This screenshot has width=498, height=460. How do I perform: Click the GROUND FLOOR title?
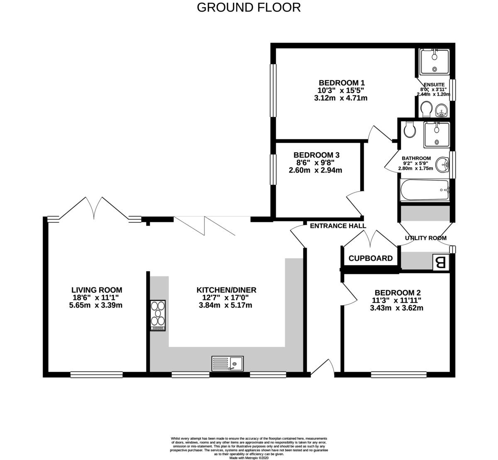pyautogui.click(x=249, y=7)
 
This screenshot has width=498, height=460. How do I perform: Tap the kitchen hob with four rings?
pyautogui.click(x=158, y=315)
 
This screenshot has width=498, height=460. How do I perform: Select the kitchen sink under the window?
pyautogui.click(x=227, y=364)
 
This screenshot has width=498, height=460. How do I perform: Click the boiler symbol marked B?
pyautogui.click(x=441, y=263)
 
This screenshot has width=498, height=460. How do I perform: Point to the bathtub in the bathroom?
pyautogui.click(x=424, y=190)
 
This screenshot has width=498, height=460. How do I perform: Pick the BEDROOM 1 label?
pyautogui.click(x=341, y=82)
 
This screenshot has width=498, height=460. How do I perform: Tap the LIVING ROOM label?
pyautogui.click(x=97, y=290)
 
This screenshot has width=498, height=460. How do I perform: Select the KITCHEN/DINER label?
pyautogui.click(x=226, y=290)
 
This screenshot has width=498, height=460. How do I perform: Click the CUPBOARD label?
pyautogui.click(x=370, y=258)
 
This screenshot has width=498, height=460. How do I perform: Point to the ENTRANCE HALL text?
pyautogui.click(x=338, y=226)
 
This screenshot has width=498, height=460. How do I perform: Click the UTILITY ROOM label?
pyautogui.click(x=425, y=238)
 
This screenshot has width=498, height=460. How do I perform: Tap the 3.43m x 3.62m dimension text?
pyautogui.click(x=396, y=308)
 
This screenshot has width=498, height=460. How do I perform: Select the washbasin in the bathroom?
pyautogui.click(x=444, y=163)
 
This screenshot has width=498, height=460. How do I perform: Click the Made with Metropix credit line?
pyautogui.click(x=249, y=458)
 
